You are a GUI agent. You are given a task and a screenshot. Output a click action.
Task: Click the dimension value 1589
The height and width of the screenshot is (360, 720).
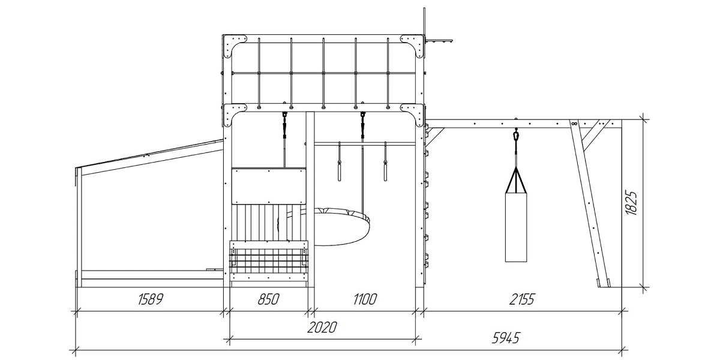pyautogui.click(x=151, y=299)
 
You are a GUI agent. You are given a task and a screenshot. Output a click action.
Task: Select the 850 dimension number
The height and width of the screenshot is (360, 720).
pyautogui.click(x=268, y=299)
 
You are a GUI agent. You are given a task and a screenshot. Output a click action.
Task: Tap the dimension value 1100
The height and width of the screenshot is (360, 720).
pyautogui.click(x=365, y=299)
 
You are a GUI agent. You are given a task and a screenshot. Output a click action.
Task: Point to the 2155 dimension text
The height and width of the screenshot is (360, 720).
pyautogui.click(x=521, y=299)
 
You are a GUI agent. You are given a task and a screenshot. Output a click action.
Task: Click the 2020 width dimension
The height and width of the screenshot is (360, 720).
pyautogui.click(x=322, y=328)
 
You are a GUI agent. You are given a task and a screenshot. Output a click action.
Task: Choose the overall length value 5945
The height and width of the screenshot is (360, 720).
pyautogui.click(x=506, y=338)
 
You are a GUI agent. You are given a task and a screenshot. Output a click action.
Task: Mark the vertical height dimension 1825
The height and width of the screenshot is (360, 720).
pyautogui.click(x=631, y=203)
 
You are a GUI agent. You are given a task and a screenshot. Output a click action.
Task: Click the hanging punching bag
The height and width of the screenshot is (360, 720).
pyautogui.click(x=516, y=227)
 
